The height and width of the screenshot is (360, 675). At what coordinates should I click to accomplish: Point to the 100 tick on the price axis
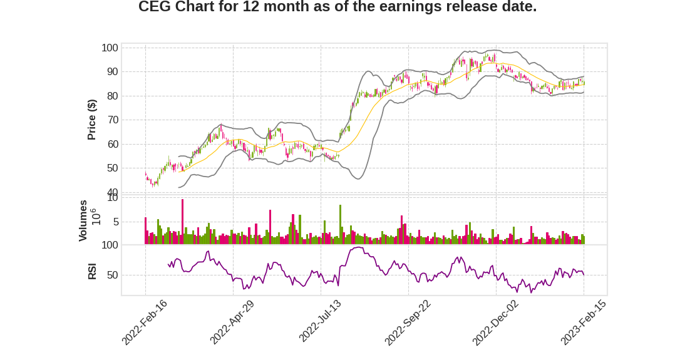coord(110,48)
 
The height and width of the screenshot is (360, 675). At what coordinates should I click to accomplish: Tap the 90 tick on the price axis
coord(112,72)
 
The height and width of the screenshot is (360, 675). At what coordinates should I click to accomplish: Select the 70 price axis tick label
coord(112,120)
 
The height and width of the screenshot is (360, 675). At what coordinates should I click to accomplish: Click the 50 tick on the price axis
coord(112,168)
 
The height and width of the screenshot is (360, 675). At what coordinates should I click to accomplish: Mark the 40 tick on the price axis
coord(112,192)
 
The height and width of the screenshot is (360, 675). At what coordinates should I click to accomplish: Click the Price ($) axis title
coord(92,120)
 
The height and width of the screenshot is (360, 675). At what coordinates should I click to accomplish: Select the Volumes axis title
coord(83,220)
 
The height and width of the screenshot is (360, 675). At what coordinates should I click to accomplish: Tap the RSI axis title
coord(92,272)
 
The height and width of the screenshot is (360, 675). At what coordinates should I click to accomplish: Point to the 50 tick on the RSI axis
coord(112,275)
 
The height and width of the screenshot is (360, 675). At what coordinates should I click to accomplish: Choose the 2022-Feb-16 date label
coord(145,322)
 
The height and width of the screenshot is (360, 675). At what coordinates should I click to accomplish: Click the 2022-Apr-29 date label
coord(232,322)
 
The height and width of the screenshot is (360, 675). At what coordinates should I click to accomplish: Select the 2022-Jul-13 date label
coord(320,322)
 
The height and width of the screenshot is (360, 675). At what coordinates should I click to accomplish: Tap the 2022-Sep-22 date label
coord(408,322)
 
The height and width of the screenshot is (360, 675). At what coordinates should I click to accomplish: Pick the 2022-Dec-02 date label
coord(495,322)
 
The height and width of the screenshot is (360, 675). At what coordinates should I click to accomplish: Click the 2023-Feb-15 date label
coord(583,322)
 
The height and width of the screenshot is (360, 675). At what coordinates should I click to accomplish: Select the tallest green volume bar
coord(340,224)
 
